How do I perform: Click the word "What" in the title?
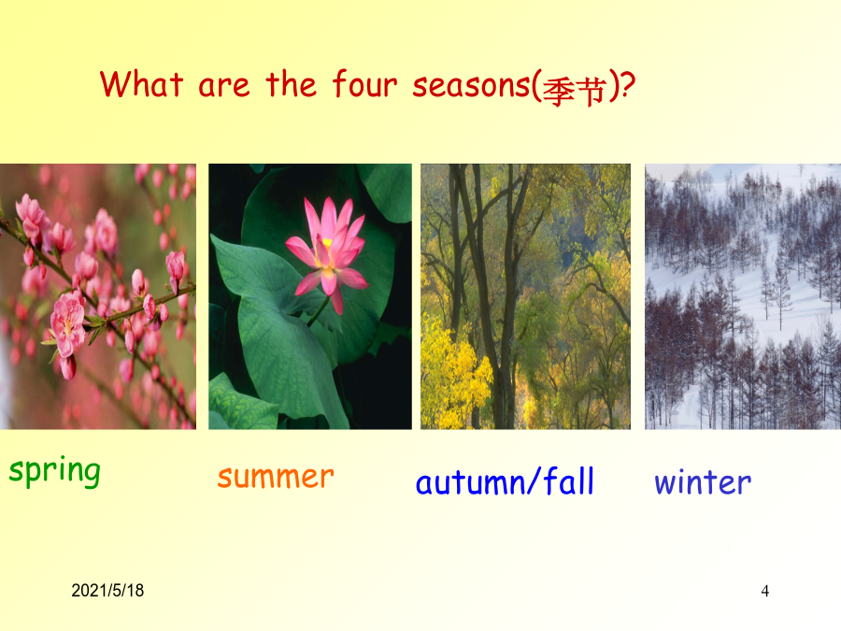(142, 84)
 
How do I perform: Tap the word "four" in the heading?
(364, 84)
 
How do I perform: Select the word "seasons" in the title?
(471, 86)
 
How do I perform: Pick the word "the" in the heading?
(291, 84)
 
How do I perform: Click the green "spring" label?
(55, 472)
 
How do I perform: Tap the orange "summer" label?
(276, 477)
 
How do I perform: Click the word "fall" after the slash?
(569, 480)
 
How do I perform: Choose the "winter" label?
(703, 481)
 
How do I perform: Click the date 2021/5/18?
(107, 590)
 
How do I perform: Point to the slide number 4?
(764, 591)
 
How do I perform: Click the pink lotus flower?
(327, 253)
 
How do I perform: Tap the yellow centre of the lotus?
(326, 246)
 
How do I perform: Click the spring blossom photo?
(97, 296)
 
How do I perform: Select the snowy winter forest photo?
(743, 296)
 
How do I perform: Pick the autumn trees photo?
(525, 296)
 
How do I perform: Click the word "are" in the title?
(224, 87)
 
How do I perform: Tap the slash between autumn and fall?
(534, 480)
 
